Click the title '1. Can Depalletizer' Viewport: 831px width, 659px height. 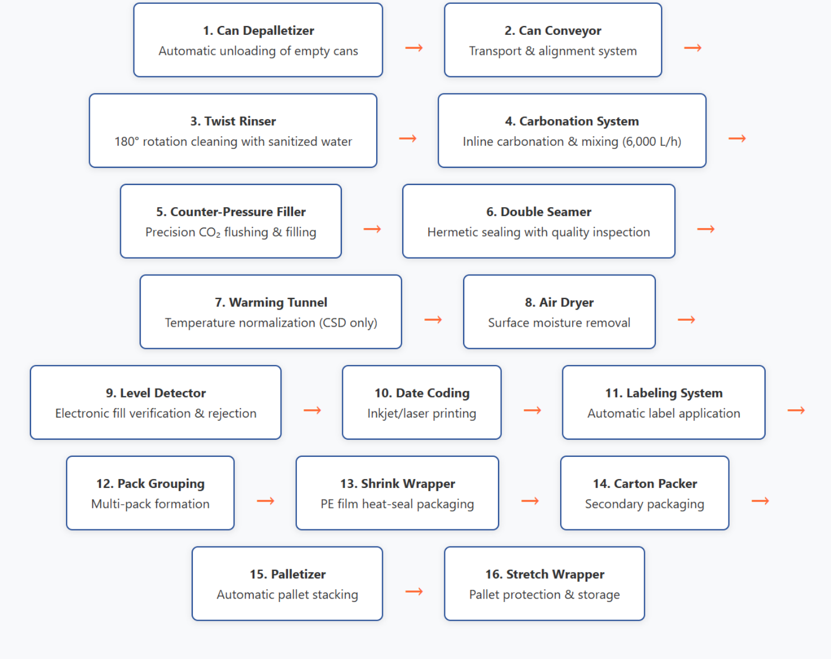tap(258, 30)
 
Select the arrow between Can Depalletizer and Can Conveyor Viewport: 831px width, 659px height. tap(414, 48)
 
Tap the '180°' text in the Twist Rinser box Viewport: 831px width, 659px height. tap(127, 141)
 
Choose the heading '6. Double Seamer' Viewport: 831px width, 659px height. tap(538, 212)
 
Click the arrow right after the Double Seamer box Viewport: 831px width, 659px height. tap(706, 229)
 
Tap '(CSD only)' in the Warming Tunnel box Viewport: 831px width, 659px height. tap(348, 323)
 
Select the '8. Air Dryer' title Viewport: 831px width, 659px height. tap(559, 302)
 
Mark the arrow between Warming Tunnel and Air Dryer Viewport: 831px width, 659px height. tap(433, 320)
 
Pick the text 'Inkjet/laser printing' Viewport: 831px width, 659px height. tap(422, 414)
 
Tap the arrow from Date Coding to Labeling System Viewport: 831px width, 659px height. tap(532, 410)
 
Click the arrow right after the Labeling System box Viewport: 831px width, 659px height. tap(796, 410)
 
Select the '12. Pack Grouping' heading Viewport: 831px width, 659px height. tap(150, 484)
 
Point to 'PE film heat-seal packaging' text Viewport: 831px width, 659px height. tap(397, 504)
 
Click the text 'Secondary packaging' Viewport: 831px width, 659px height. tap(644, 504)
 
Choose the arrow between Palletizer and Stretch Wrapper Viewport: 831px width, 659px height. tap(414, 591)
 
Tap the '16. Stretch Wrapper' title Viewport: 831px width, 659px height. tap(545, 574)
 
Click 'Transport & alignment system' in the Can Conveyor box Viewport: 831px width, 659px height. tap(553, 51)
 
